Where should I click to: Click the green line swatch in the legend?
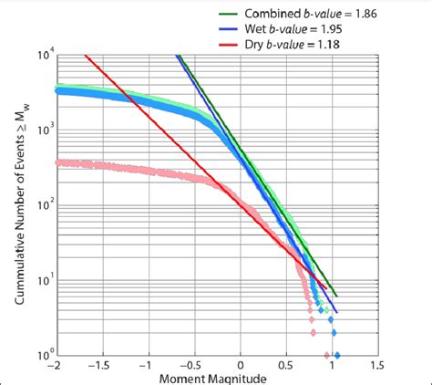click(231, 16)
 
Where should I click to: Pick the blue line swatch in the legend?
click(231, 30)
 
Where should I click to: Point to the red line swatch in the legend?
click(231, 45)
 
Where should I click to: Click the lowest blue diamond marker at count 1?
click(337, 355)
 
